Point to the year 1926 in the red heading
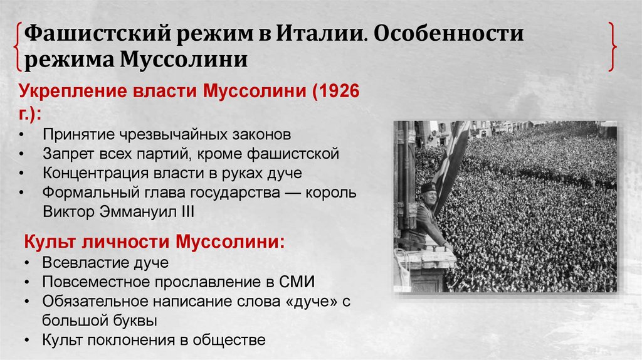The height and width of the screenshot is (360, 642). pyautogui.click(x=339, y=91)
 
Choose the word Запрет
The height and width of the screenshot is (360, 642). pyautogui.click(x=66, y=154)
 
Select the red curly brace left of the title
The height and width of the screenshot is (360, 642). pyautogui.click(x=16, y=47)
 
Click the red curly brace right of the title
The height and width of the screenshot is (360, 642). pyautogui.click(x=613, y=47)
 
